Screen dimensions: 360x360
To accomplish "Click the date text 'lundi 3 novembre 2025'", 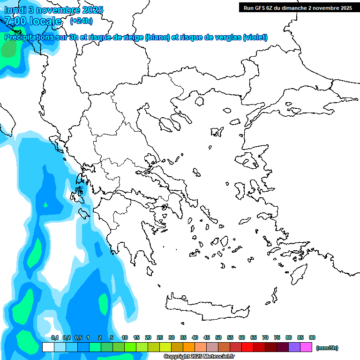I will tap(54, 10).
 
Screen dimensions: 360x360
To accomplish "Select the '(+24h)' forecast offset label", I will tap(81, 21).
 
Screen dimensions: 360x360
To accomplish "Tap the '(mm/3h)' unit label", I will tap(327, 348).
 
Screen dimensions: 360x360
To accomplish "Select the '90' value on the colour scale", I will tap(312, 337).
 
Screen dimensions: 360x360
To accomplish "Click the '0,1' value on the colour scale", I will tap(55, 337).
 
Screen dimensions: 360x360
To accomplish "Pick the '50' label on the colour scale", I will tap(218, 337).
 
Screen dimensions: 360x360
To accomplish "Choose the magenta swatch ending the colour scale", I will tap(306, 347).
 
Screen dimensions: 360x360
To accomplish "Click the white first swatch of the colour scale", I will tap(48, 347).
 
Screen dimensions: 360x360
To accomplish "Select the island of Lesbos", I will tap(250, 162).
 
